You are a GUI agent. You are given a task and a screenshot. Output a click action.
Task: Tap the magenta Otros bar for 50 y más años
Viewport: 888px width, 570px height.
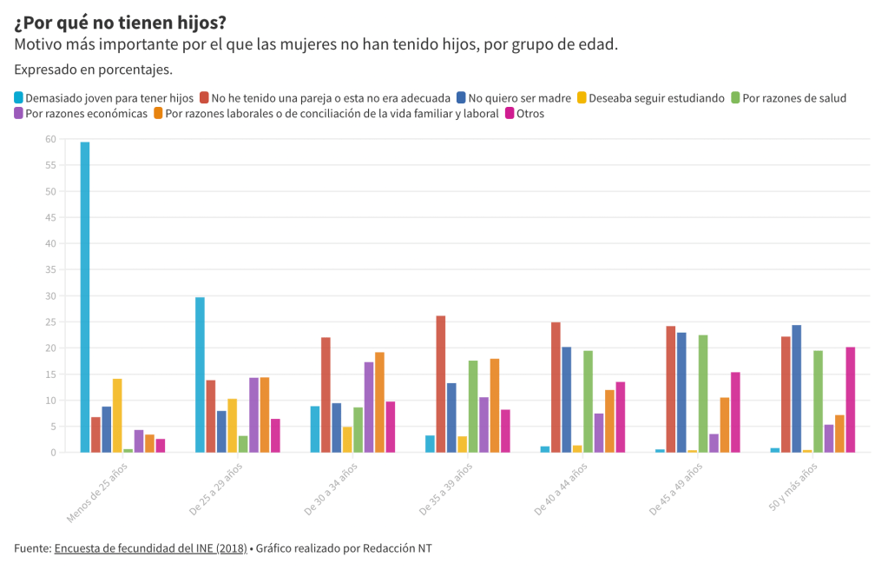(x=851, y=400)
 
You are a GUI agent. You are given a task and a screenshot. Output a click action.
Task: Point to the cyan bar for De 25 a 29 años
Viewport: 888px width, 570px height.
(x=200, y=374)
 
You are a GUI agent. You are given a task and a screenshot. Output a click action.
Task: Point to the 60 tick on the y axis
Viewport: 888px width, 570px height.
(x=50, y=139)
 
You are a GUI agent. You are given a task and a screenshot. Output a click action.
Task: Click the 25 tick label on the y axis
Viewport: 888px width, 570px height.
(x=50, y=322)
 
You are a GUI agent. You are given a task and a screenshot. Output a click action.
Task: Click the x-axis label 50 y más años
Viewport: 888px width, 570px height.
(x=793, y=487)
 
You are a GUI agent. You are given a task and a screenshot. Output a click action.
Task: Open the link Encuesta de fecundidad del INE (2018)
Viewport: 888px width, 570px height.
(x=150, y=548)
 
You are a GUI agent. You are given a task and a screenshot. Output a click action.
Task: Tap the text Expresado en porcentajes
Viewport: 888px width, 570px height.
(x=94, y=70)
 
